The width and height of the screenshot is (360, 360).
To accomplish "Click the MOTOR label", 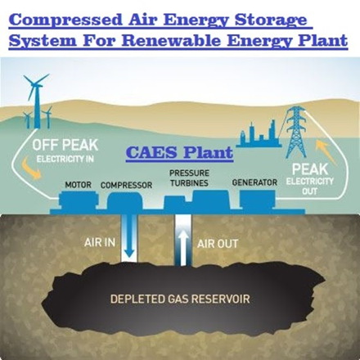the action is coord(78,185).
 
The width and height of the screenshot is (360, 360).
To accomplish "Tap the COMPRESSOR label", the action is coord(126,185).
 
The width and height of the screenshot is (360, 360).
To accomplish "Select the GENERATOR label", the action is coord(254,182).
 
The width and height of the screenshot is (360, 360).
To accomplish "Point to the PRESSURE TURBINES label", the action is coord(189,178).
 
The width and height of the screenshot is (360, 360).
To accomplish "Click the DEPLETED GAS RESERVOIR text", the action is coord(180,299).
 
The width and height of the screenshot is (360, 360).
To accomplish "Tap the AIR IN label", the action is coord(100,242).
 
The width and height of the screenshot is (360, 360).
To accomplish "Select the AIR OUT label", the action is coord(218,244).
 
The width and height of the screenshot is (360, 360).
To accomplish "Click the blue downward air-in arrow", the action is coord(129,236).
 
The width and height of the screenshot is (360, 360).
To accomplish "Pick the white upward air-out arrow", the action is coord(183,247).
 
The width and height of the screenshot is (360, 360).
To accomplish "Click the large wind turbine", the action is coord(36,101).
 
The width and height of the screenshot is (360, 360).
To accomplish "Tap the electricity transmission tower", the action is coord(296,132).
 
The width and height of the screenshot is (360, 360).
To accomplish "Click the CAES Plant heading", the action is coord(179,153).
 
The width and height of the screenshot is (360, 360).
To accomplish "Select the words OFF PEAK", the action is coord(65,145).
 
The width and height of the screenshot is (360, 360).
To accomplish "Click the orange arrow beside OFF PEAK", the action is coord(30,169).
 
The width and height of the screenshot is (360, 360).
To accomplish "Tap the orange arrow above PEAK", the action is coord(326,151).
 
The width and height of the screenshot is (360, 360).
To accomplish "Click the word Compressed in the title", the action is coord(65,20).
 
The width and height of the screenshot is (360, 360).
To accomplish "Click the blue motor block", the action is coord(79,200).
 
